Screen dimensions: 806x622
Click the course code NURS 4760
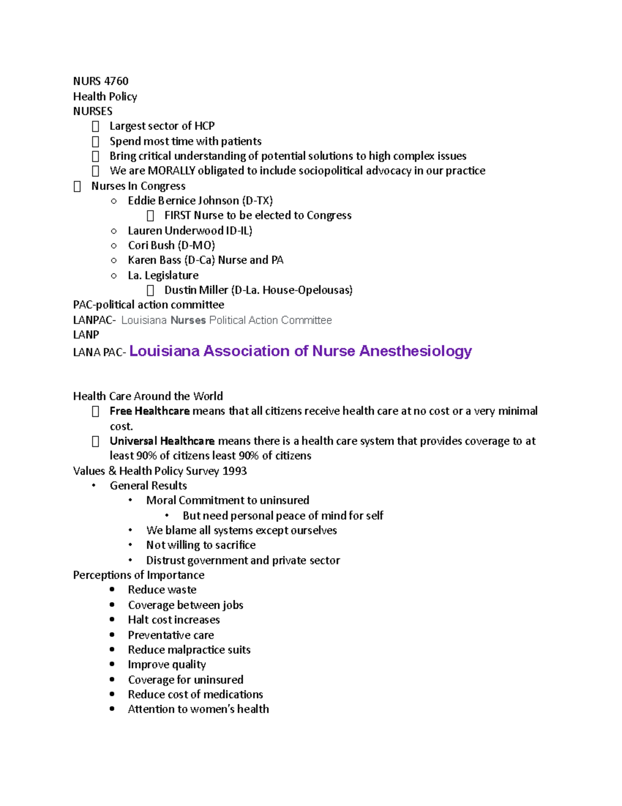coord(101,81)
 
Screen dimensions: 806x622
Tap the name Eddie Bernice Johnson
coord(183,201)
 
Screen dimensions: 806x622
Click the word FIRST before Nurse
coord(178,215)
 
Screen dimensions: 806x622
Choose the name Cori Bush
coord(151,245)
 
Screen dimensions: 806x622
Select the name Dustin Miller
coord(196,290)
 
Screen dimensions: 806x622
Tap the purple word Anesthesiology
coord(415,351)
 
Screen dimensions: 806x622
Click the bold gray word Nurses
coord(188,320)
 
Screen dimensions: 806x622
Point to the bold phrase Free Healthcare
coord(149,411)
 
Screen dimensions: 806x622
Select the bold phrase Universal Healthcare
coord(162,441)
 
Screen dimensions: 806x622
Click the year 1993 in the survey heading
coord(234,471)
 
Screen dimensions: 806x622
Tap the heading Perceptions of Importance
coord(138,575)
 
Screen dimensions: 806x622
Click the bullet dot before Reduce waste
coord(112,590)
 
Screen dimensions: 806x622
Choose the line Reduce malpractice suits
coord(189,650)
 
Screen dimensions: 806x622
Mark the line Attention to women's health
coord(198,709)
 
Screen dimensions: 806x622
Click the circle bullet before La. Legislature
coord(114,276)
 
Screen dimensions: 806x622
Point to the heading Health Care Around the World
coord(148,397)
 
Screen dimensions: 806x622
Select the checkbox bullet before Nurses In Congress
coord(77,186)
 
